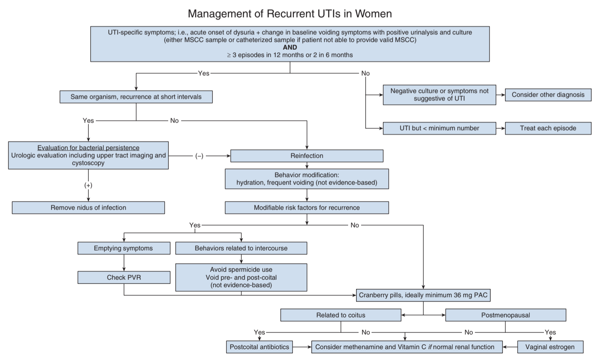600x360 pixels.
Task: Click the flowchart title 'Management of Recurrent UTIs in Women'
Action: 290,14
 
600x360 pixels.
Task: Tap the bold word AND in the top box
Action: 290,47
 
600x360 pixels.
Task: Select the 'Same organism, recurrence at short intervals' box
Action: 136,97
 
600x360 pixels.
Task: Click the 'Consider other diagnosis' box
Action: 548,95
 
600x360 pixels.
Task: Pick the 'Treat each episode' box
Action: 548,128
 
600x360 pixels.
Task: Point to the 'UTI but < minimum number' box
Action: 439,128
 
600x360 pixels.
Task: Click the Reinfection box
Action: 307,156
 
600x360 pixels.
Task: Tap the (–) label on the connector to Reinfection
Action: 199,156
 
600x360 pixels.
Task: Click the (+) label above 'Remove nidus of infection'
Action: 88,185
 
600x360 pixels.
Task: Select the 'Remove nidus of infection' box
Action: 88,208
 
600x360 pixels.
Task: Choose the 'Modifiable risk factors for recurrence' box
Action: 307,208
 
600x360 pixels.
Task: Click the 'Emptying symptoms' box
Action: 124,248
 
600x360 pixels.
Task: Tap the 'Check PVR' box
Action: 124,278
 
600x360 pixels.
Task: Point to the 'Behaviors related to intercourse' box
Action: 241,248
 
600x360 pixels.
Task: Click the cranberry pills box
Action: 423,295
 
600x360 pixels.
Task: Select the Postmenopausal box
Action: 506,315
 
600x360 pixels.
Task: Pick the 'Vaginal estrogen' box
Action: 550,347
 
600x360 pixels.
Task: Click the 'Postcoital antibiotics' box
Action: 259,347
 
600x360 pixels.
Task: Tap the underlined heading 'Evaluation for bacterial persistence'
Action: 88,148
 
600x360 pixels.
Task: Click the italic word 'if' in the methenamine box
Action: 430,347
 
